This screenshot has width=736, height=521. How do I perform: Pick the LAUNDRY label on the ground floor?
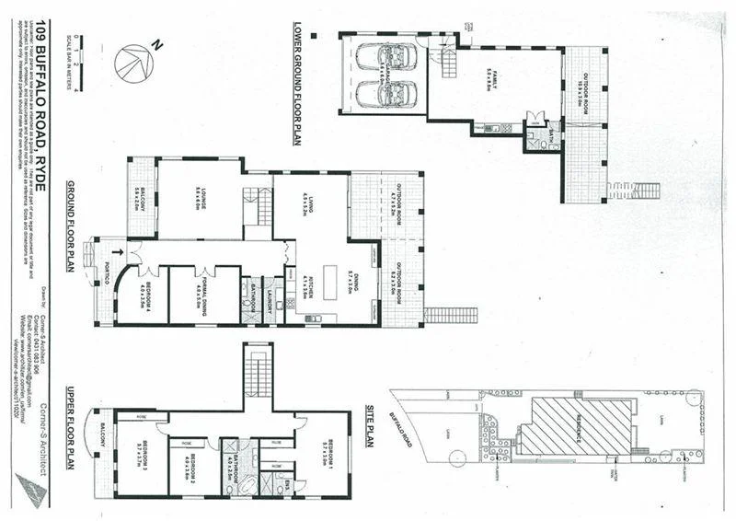pos(271,301)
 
